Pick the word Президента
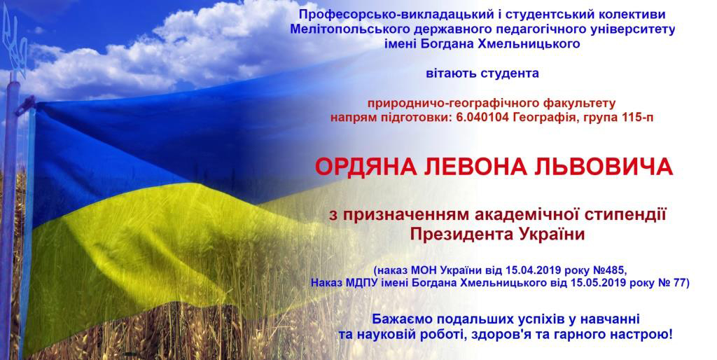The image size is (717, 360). (455, 234)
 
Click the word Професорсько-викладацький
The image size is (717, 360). (377, 14)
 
